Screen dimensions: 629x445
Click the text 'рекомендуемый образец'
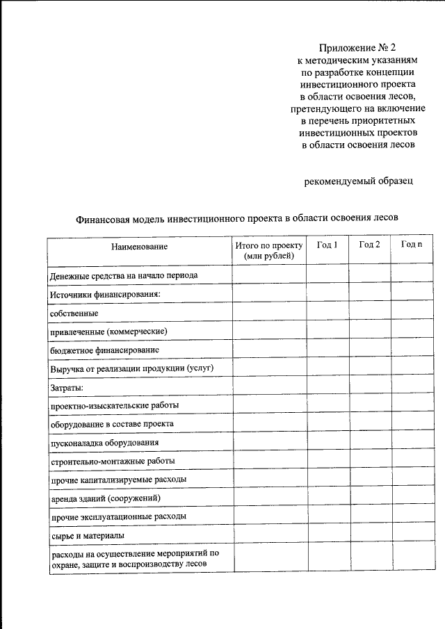(x=359, y=182)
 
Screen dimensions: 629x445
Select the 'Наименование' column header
(x=139, y=247)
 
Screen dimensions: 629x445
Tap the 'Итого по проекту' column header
(x=269, y=251)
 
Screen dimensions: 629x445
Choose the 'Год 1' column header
(x=327, y=245)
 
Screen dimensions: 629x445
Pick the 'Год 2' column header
(x=369, y=245)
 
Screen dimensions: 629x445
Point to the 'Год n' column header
(x=411, y=245)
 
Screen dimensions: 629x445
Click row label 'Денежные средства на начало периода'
(x=124, y=276)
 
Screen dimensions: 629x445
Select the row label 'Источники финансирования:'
(x=105, y=295)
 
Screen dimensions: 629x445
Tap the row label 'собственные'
(x=74, y=313)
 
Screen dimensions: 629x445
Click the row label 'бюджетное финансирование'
(x=105, y=350)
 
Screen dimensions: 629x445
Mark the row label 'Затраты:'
(x=67, y=387)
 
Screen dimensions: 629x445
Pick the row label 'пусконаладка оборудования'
(x=104, y=443)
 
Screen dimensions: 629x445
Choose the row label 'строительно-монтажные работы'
(x=112, y=461)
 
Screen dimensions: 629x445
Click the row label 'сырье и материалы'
(x=87, y=536)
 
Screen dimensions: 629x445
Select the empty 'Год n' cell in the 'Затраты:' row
(x=411, y=386)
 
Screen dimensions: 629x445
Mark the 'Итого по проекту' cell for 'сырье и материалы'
(x=269, y=535)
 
